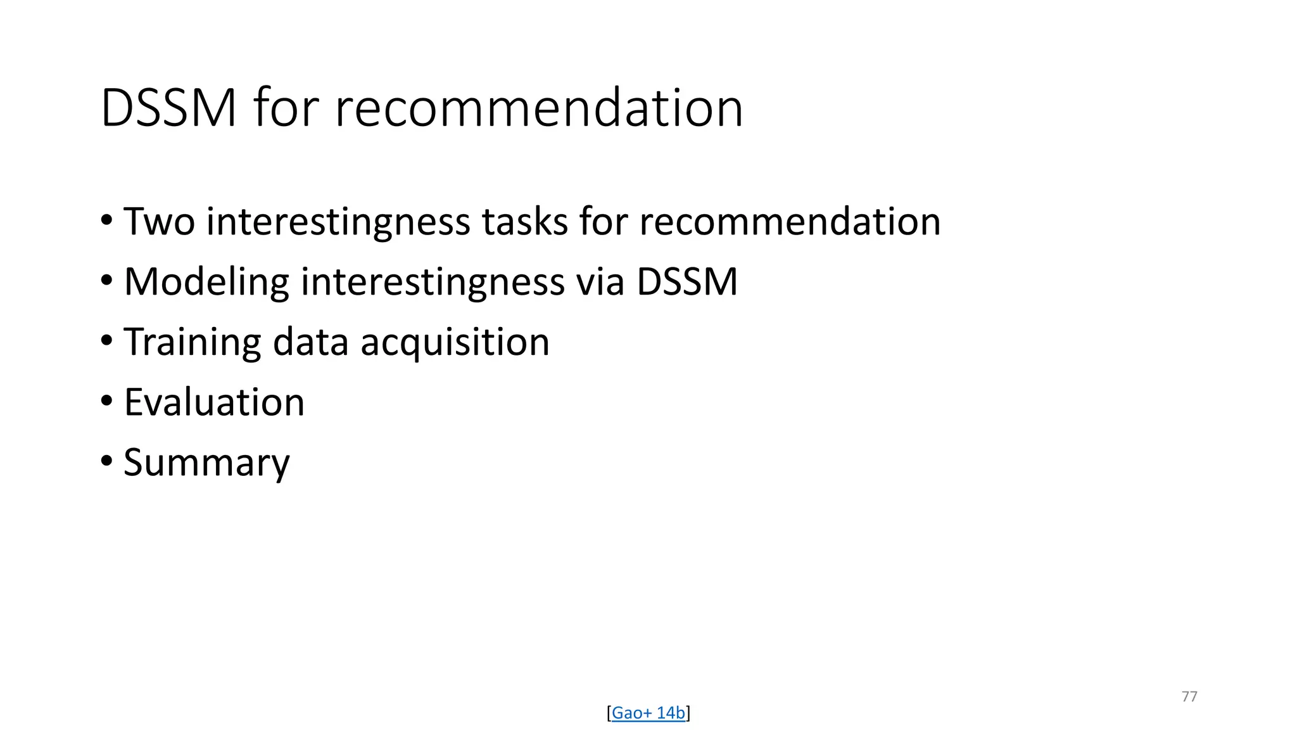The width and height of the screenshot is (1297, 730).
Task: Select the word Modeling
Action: click(206, 282)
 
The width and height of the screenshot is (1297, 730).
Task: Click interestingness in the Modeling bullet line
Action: click(433, 282)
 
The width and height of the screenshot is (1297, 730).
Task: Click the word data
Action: click(310, 342)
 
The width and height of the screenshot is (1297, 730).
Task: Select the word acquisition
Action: click(455, 342)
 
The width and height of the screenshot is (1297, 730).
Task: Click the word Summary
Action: click(206, 463)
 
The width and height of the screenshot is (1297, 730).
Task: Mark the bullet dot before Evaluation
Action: click(106, 400)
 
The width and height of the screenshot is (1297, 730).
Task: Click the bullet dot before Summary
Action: click(106, 461)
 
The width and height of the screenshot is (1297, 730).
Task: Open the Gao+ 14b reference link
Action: click(648, 713)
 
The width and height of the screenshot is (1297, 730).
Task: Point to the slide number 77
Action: click(1189, 696)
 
